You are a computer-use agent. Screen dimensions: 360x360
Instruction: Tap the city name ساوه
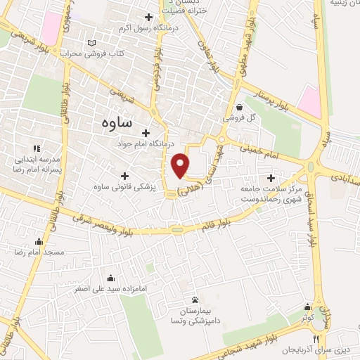click(116, 121)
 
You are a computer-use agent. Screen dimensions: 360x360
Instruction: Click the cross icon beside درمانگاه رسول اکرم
click(148, 18)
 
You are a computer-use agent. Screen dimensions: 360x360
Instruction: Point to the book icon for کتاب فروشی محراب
click(91, 43)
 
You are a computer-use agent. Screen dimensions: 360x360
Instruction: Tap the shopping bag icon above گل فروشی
click(240, 108)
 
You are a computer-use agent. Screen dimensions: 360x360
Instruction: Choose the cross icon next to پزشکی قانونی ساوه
click(125, 176)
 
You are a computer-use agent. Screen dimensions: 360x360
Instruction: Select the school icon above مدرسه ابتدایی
click(37, 148)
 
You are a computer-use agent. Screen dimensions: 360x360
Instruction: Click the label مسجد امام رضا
click(44, 251)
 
